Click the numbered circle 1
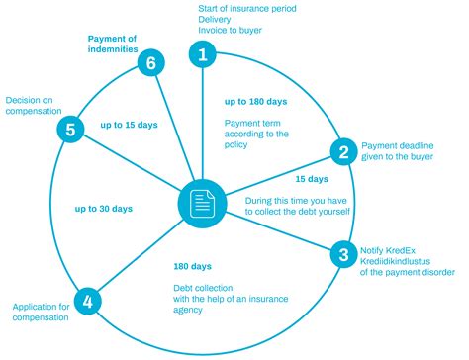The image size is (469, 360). [x=203, y=54]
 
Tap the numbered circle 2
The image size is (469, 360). [x=343, y=151]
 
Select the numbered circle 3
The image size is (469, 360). [x=342, y=254]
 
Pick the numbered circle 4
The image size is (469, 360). [x=87, y=300]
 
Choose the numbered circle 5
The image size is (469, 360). [x=67, y=130]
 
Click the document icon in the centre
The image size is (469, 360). [x=203, y=203]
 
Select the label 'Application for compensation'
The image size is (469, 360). [x=41, y=312]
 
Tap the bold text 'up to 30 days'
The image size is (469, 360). [x=104, y=209]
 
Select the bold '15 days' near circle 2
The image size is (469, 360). [x=312, y=179]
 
